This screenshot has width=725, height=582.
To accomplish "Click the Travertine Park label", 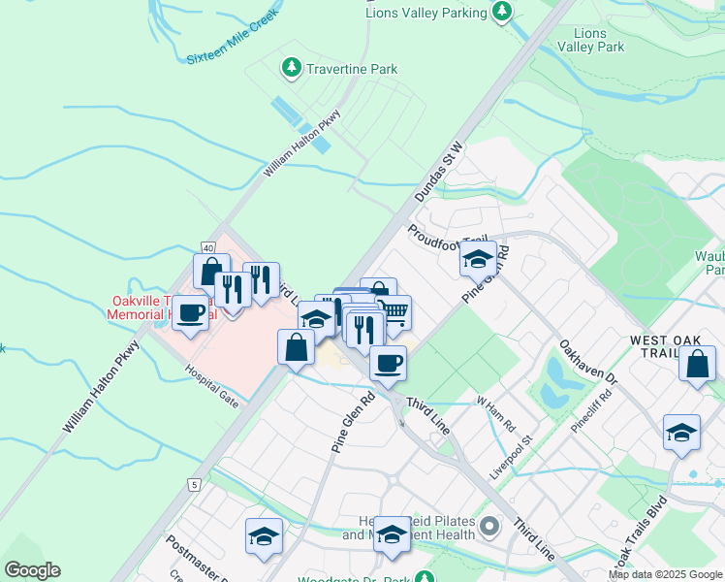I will [x=353, y=70].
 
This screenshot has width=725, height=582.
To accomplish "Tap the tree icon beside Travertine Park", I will [x=290, y=67].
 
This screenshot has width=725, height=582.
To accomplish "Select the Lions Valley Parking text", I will [x=426, y=13].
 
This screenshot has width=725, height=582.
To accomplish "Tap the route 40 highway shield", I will [x=208, y=247].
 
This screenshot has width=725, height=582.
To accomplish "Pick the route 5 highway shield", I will [x=195, y=484].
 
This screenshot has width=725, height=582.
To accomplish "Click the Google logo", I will [x=32, y=570].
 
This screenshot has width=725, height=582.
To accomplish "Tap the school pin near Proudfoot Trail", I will [x=477, y=259].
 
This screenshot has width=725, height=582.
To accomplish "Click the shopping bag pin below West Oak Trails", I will [x=697, y=365].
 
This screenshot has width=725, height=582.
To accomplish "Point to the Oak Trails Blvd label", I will [x=640, y=533].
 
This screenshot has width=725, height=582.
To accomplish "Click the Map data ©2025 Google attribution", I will [x=665, y=574].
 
